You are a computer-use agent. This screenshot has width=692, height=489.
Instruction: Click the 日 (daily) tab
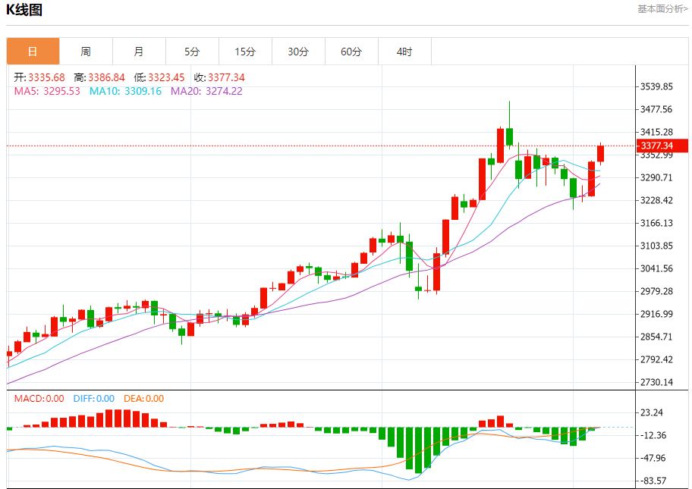(x=33, y=52)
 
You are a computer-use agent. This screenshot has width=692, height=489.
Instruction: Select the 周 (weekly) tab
(x=86, y=52)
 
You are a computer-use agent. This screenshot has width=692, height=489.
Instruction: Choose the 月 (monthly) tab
(x=139, y=52)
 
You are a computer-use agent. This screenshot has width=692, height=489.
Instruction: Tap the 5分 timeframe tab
(x=192, y=52)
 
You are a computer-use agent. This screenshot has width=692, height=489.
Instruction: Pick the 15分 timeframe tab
(x=245, y=52)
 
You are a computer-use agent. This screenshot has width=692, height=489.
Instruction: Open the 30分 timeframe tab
(x=298, y=52)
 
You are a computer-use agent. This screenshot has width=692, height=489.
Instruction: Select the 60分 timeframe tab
(x=351, y=52)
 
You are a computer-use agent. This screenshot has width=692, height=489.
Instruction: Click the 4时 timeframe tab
(x=404, y=52)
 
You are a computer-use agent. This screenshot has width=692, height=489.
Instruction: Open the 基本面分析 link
(x=662, y=9)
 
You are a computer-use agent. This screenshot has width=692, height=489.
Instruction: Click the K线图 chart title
(x=24, y=11)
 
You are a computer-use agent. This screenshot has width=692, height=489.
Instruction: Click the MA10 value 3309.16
(x=144, y=91)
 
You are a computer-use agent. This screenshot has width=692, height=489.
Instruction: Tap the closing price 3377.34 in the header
(x=226, y=77)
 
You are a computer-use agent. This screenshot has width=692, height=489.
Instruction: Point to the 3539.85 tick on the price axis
(x=657, y=86)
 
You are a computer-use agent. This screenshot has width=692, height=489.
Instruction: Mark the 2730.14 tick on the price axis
(x=657, y=382)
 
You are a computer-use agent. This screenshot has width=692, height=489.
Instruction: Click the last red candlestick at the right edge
(x=601, y=153)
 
